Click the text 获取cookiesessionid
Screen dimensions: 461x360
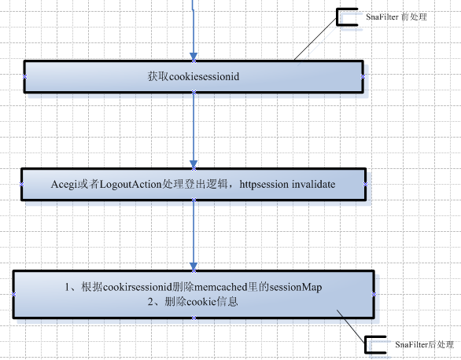194,77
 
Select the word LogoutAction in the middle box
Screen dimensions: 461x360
131,185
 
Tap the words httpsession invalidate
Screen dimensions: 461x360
287,185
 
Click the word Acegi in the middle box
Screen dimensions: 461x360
64,185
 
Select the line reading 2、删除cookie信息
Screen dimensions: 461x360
193,302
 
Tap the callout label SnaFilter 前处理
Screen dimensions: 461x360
396,17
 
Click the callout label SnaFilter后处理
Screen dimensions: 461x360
424,344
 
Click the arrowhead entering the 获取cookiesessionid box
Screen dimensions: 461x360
194,57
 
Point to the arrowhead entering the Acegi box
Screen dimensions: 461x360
194,164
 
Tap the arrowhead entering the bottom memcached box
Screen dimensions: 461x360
194,266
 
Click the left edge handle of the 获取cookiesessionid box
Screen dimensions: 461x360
24,77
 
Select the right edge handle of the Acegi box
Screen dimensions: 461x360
365,185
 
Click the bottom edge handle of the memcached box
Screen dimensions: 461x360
194,318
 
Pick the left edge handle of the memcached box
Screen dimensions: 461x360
13,294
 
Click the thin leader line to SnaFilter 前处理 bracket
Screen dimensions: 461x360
315,39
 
